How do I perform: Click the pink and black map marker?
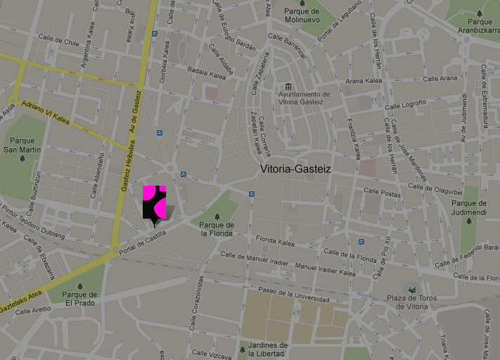pos(154,202)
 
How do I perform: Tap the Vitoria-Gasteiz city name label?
pos(295,169)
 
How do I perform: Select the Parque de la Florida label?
pos(217,229)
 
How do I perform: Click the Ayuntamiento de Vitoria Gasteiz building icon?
pos(288,85)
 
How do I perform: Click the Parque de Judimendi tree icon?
pos(469,221)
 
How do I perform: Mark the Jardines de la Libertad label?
pos(263,349)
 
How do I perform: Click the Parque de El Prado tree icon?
pos(80,286)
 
